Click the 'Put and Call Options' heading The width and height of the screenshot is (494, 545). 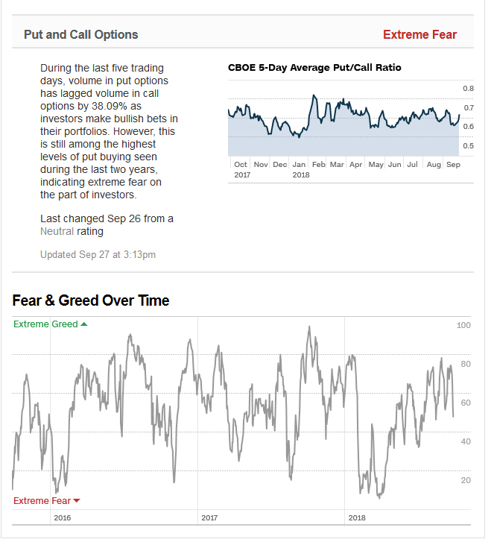coord(80,34)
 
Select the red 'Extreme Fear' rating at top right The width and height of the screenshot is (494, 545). coord(419,34)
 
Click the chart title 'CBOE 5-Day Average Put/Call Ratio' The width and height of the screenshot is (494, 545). coord(314,68)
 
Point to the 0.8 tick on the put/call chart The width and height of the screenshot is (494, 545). coord(468,89)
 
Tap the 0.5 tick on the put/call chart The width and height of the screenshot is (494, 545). coord(468,146)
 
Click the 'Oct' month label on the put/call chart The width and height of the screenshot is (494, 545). coord(241,164)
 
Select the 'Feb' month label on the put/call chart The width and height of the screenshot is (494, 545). coord(318,164)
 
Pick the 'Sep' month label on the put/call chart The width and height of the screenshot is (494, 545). coord(452,164)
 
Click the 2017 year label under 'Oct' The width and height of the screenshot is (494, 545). coord(242,174)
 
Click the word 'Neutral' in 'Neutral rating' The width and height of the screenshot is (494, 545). coord(57,231)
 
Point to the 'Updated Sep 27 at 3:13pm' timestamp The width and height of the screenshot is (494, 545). coord(98,254)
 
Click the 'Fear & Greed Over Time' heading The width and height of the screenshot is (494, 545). coord(91,300)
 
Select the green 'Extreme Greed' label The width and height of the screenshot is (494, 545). coord(45,324)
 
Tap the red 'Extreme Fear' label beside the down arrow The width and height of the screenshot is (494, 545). coord(42,501)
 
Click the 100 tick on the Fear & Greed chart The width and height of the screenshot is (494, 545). coord(463,326)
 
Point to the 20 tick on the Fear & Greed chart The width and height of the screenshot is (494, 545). coord(466,480)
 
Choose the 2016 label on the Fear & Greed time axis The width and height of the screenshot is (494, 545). coord(63,517)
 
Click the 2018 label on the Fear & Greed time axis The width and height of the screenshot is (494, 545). coord(357,517)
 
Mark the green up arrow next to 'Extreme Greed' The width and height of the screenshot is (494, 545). coord(83,324)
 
